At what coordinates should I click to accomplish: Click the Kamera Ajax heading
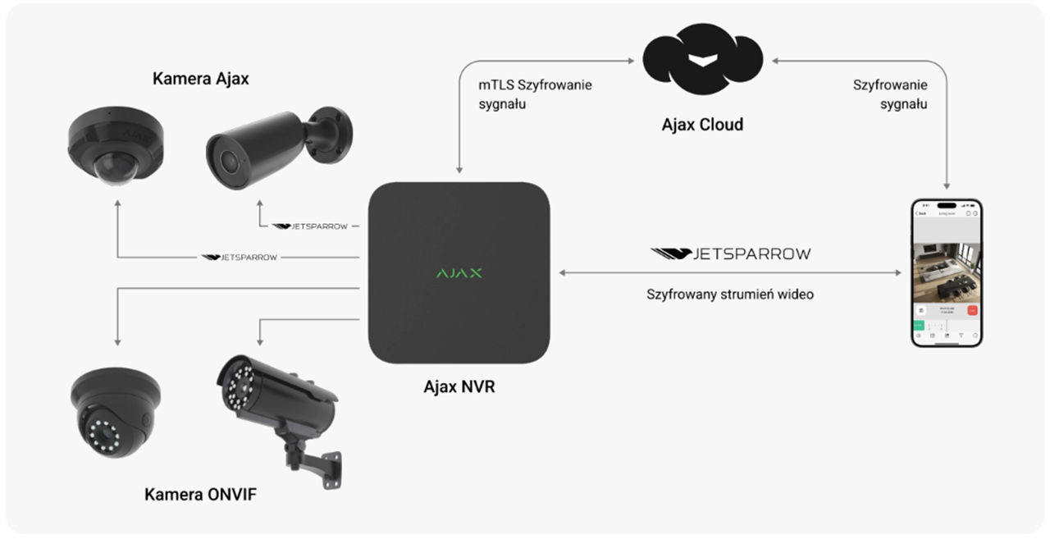201,79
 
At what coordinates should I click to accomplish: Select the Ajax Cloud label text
702,125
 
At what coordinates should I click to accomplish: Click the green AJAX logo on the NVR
459,272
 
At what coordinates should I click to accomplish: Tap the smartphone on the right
946,272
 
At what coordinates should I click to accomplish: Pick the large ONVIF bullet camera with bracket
275,402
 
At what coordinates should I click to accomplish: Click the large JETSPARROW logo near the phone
730,254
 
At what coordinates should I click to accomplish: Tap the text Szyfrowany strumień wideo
730,294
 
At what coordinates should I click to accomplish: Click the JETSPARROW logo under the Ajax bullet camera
309,226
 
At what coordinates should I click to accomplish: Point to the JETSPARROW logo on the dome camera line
240,258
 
